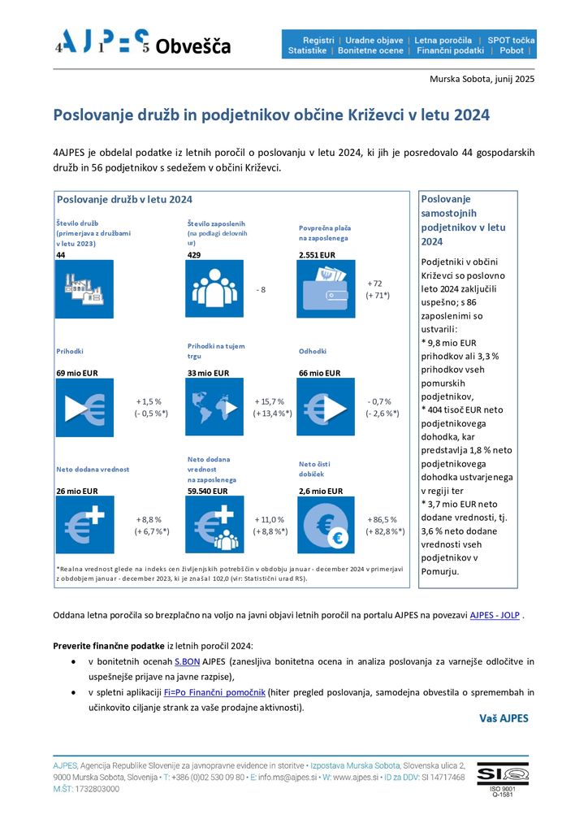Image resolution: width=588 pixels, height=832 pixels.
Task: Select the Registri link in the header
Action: pyautogui.click(x=318, y=40)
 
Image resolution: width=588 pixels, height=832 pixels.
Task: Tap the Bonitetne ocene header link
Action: pyautogui.click(x=370, y=50)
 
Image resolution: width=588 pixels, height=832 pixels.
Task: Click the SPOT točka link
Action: pyautogui.click(x=511, y=40)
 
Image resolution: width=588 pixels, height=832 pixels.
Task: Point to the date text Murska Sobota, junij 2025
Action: pyautogui.click(x=482, y=79)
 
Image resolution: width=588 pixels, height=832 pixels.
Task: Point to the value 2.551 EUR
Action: pyautogui.click(x=317, y=255)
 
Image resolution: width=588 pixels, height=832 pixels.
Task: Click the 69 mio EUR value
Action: pyautogui.click(x=77, y=373)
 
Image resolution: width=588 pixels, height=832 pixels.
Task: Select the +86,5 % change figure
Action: pyautogui.click(x=382, y=519)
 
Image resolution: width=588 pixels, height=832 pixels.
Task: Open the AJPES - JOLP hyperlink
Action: pyautogui.click(x=495, y=615)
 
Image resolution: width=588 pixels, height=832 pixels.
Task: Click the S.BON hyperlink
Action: pyautogui.click(x=187, y=661)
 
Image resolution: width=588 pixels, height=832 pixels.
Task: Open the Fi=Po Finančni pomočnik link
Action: pyautogui.click(x=214, y=692)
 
